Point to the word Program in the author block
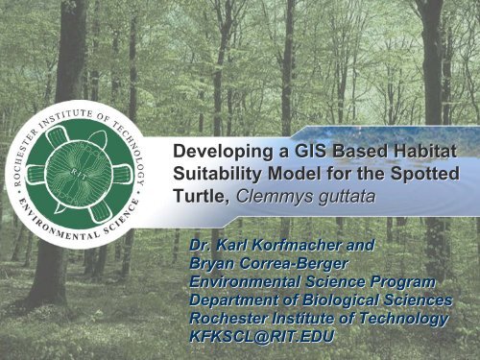pos(398,279)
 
